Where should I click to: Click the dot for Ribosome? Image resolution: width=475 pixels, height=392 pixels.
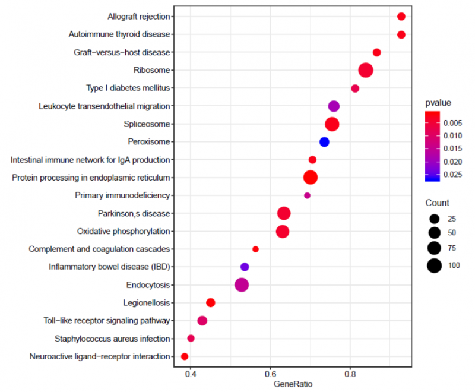tap(366, 70)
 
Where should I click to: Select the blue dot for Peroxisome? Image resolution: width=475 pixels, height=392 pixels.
tap(324, 141)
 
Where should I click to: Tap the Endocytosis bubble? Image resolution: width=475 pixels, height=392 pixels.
tap(242, 284)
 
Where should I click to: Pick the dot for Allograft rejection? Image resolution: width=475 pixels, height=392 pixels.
tap(401, 17)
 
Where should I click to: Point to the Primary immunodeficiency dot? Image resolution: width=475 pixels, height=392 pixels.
tap(307, 195)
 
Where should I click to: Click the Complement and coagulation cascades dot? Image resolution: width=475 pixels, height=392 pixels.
tap(255, 249)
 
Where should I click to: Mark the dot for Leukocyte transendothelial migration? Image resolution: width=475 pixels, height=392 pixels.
tap(334, 106)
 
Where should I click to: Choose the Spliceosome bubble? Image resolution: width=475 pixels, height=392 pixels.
tap(332, 124)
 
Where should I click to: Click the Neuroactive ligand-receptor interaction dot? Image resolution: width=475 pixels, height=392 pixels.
tap(185, 356)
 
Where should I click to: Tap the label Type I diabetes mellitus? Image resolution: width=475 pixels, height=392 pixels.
tap(128, 88)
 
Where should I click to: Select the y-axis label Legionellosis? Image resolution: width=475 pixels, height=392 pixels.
tap(149, 302)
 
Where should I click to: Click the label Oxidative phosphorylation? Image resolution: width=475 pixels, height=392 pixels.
tap(123, 231)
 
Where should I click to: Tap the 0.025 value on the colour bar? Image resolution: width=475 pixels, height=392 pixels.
tap(453, 175)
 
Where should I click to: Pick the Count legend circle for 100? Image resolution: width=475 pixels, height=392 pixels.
tap(434, 265)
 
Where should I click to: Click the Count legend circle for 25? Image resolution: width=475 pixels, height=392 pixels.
tap(434, 218)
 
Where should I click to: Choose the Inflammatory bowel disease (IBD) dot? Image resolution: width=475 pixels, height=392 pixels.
tap(244, 267)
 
